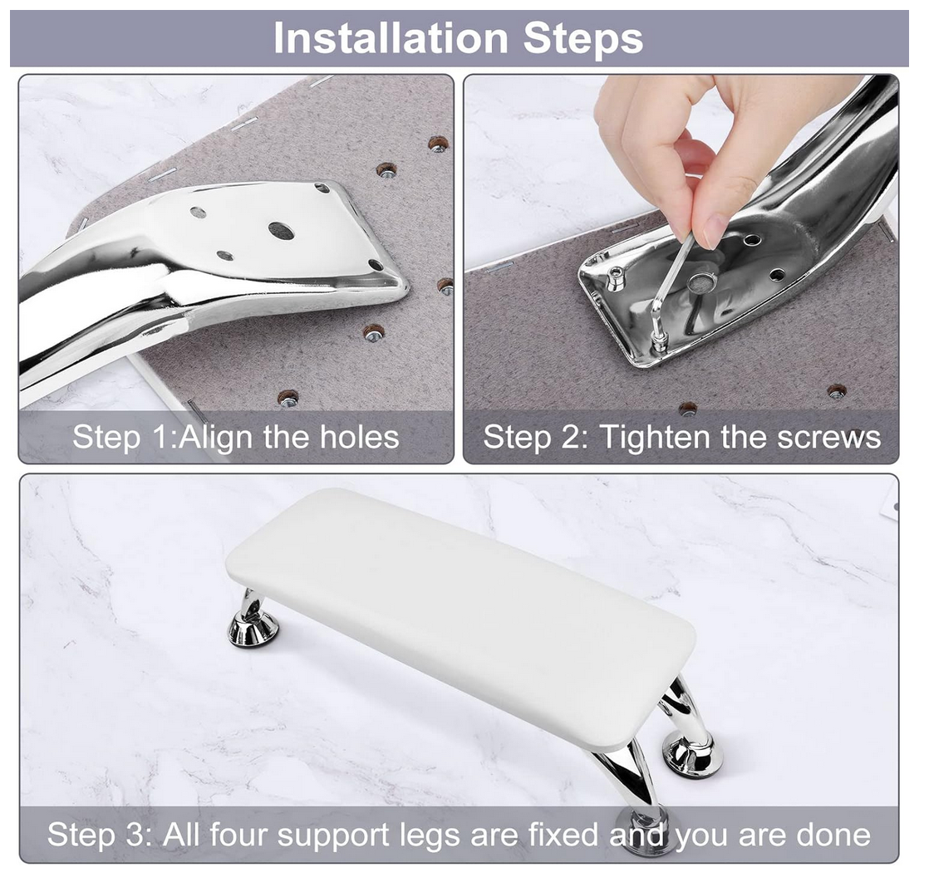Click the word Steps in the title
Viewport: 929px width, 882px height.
pos(583,38)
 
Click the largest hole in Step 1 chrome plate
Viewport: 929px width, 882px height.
pos(281,230)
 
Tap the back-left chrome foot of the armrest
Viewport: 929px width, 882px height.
pos(253,620)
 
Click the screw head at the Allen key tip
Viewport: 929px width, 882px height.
pos(657,341)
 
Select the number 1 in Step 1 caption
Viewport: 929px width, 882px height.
pos(161,438)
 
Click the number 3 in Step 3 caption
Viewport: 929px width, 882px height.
pos(135,835)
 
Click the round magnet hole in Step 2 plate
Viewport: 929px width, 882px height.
pos(702,282)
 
